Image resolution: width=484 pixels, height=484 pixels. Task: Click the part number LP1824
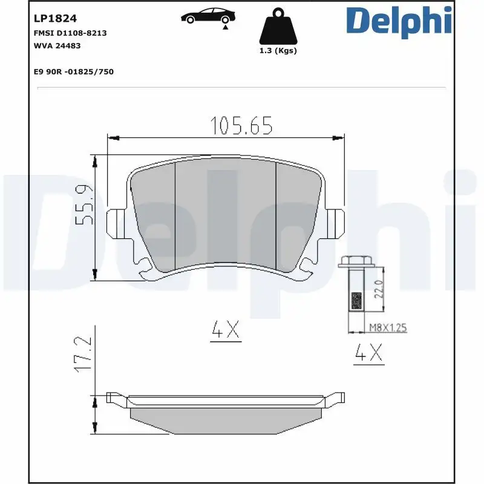point(50,19)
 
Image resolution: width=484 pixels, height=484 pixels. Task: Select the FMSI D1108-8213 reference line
point(70,33)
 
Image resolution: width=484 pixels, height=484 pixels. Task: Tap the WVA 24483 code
point(57,45)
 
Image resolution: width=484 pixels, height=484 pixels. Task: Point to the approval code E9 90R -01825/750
point(74,71)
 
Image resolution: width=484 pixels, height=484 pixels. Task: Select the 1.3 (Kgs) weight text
point(278,51)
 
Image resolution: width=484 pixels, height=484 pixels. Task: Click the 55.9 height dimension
point(84,205)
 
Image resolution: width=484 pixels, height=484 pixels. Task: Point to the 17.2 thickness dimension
point(84,354)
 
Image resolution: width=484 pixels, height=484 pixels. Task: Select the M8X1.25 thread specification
point(388,327)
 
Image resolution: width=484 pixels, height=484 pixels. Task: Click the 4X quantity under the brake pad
point(226,330)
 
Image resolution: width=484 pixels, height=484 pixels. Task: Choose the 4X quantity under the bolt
point(368,353)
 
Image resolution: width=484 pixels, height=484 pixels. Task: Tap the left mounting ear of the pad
point(115,223)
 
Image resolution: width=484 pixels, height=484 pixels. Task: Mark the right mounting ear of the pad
point(335,223)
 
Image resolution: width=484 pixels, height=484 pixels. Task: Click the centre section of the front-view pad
point(225,215)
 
